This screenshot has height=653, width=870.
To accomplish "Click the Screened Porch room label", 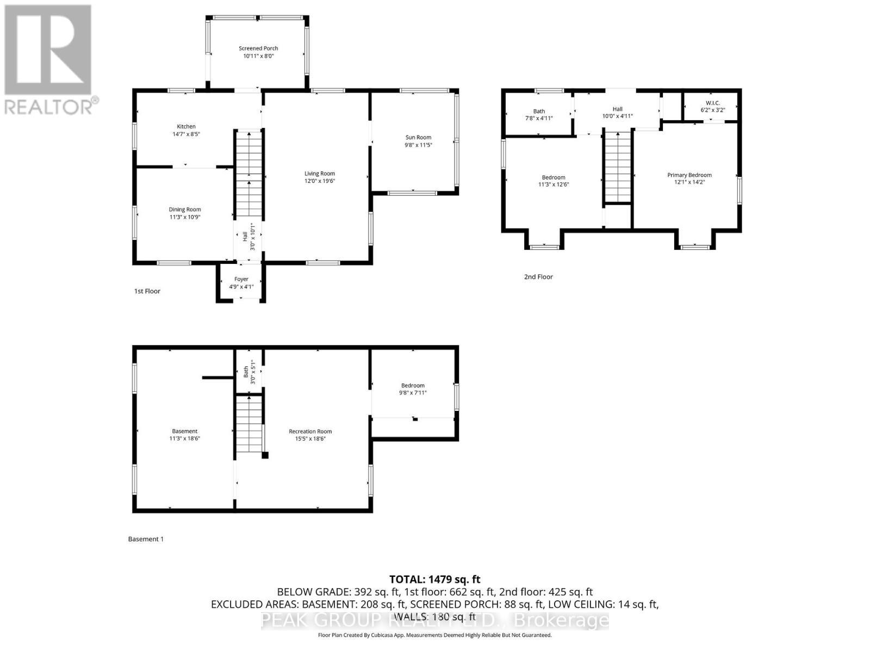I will click(x=258, y=48).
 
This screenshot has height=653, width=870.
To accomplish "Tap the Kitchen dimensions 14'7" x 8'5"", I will click(x=186, y=134).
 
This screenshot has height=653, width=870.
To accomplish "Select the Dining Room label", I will click(x=185, y=210).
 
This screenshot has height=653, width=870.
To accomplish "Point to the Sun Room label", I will click(x=418, y=138).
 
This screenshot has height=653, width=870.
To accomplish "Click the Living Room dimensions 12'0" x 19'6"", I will click(x=320, y=181).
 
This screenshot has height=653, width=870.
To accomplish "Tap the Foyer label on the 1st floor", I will click(x=241, y=279).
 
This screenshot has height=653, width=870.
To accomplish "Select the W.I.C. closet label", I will click(x=712, y=103).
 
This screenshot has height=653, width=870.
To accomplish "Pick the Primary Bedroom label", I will click(x=689, y=175).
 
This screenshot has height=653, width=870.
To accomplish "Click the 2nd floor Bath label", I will click(x=539, y=111).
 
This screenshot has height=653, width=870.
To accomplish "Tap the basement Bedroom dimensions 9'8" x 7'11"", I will click(x=413, y=393).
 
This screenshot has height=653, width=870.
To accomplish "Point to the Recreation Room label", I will click(x=310, y=432).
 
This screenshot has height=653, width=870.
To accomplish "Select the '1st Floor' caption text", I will click(x=147, y=291).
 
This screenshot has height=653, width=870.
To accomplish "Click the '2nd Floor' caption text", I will click(x=538, y=277).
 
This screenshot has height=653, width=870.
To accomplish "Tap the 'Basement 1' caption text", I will click(x=146, y=539).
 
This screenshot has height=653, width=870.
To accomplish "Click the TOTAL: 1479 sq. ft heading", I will click(x=435, y=580).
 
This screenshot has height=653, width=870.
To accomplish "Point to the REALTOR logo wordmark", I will click(x=52, y=106).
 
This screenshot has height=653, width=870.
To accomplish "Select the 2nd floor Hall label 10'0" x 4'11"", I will click(x=617, y=113).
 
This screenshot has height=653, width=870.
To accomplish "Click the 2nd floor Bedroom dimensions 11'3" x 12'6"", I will click(x=554, y=184).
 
